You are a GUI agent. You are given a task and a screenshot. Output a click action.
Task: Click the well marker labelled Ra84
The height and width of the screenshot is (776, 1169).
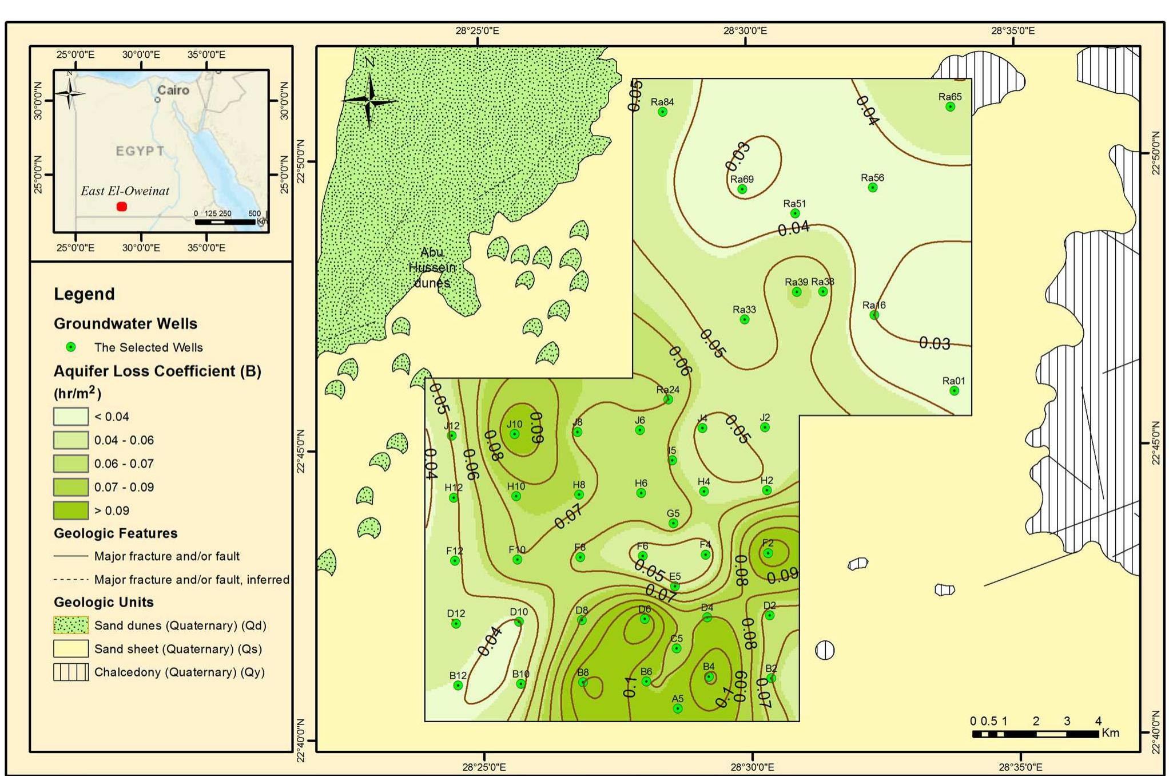662,112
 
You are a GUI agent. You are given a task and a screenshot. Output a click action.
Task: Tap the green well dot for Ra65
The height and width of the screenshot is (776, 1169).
950,107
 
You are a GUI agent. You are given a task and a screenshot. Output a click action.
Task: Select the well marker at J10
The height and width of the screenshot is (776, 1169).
514,434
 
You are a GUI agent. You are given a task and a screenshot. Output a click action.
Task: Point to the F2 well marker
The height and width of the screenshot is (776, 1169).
768,553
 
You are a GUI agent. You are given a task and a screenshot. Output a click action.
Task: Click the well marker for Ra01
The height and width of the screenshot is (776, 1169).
954,391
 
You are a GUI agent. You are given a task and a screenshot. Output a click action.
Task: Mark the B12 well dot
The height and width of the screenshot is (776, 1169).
458,685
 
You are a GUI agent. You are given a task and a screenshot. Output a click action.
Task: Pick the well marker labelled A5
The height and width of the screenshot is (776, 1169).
678,708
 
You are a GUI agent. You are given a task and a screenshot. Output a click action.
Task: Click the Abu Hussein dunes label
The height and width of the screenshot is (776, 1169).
432,267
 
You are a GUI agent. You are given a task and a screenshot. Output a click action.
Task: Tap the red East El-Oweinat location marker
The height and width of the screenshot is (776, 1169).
122,207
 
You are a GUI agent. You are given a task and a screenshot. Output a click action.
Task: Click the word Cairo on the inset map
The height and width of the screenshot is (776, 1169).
173,90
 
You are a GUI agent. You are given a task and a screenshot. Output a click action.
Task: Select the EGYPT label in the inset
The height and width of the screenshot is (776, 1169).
140,151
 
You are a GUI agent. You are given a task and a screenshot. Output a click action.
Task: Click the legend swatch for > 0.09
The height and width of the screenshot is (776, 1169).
71,510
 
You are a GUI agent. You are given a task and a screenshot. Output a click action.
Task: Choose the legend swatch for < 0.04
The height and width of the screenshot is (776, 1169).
71,417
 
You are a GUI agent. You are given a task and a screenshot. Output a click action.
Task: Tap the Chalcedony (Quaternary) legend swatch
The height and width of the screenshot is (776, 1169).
71,672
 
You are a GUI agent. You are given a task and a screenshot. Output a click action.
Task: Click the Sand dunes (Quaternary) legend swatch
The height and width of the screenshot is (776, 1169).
71,625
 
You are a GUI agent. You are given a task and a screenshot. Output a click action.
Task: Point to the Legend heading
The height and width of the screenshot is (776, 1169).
84,294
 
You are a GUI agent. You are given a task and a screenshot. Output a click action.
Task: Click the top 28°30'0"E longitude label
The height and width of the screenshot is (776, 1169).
745,31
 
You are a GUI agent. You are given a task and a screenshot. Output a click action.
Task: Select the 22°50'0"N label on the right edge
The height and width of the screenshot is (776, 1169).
1155,153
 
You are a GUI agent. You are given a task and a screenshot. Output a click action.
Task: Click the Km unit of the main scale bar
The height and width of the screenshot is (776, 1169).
1110,733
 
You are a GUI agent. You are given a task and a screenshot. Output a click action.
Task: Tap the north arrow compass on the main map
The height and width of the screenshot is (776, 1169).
369,100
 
